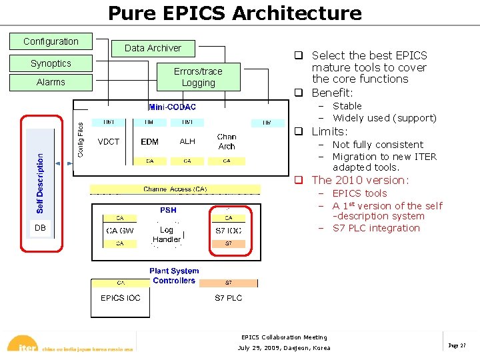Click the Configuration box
tap(51, 41)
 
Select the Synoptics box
tap(51, 63)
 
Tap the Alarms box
tap(51, 82)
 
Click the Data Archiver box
tap(153, 48)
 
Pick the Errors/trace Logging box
tap(198, 77)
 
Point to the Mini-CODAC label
tap(172, 107)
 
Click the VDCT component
tap(108, 141)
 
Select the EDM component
tap(149, 141)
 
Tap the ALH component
tap(187, 141)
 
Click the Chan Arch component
tap(227, 141)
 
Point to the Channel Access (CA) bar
tap(175, 189)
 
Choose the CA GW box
tap(120, 231)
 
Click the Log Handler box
tap(167, 235)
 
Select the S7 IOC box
tap(228, 231)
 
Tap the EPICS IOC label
tap(121, 298)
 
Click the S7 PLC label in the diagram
tap(228, 298)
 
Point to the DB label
tap(40, 228)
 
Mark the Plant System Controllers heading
tap(174, 276)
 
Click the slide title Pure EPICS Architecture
tap(235, 13)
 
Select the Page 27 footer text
tap(457, 346)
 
